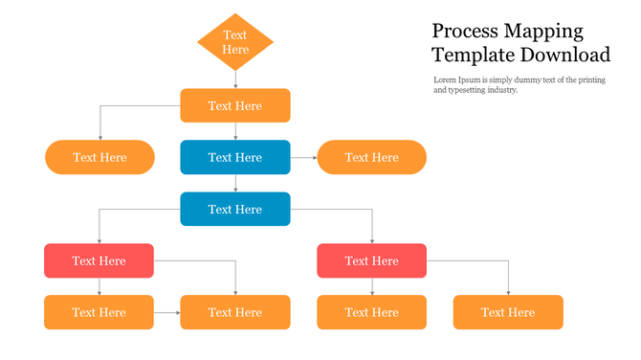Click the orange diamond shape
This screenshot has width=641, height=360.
pos(235,42)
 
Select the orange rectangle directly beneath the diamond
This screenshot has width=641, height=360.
pos(235,105)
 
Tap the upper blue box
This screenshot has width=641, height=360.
pos(235,157)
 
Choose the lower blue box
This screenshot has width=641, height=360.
pos(235,209)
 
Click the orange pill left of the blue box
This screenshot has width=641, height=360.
pos(99,157)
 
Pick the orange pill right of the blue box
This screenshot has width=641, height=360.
pos(371,157)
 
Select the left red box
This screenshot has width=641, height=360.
pos(99,260)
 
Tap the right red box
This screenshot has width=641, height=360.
pos(371,260)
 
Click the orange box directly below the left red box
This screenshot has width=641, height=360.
pos(99,312)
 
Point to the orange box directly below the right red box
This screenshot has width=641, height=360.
pos(371,312)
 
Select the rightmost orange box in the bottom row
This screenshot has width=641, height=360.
pos(508,312)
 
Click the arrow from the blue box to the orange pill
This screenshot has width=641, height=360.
pos(303,157)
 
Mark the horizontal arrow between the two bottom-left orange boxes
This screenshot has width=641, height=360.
pos(166,312)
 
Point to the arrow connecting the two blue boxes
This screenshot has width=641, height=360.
pos(235,183)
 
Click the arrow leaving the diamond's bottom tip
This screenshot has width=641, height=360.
pos(235,80)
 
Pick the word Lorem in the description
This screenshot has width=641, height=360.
pos(445,79)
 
